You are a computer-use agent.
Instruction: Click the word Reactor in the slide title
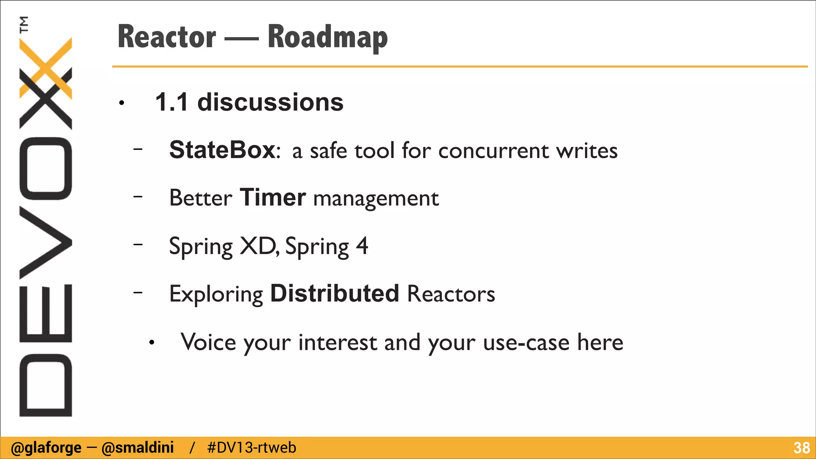(167, 37)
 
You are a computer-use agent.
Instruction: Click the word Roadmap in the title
(328, 37)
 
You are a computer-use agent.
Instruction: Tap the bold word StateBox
(222, 150)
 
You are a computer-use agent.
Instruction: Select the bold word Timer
(273, 198)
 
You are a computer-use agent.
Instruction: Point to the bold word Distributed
(335, 294)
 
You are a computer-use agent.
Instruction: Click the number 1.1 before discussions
(171, 102)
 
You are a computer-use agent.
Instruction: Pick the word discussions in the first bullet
(270, 102)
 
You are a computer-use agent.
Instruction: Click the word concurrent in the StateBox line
(494, 151)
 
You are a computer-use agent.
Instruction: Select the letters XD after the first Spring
(258, 246)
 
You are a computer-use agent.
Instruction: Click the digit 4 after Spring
(362, 246)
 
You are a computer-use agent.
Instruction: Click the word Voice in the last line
(208, 342)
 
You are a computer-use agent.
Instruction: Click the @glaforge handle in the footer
(46, 448)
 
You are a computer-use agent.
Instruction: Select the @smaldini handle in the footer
(138, 448)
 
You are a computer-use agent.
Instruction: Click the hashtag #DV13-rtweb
(252, 448)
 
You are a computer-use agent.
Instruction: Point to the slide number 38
(801, 448)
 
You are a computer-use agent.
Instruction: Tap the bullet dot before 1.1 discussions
(122, 104)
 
